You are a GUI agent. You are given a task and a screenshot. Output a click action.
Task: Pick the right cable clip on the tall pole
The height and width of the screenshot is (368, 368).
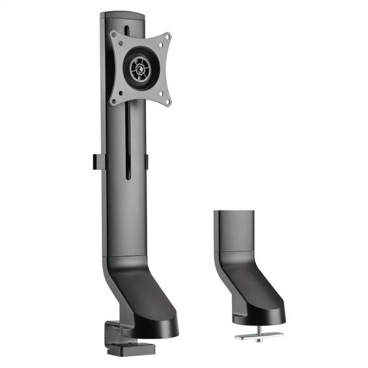(147, 161)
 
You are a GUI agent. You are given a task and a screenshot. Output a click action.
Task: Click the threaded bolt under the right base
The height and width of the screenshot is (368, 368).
(259, 328)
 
